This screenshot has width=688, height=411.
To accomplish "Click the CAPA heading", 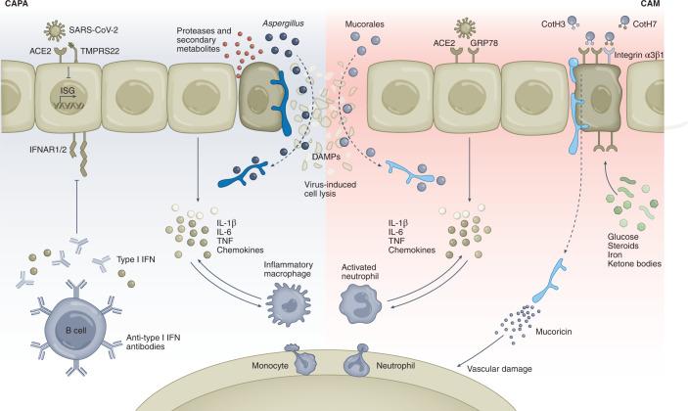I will pyautogui.click(x=14, y=5).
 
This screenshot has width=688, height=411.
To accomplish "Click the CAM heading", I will pyautogui.click(x=673, y=5).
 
